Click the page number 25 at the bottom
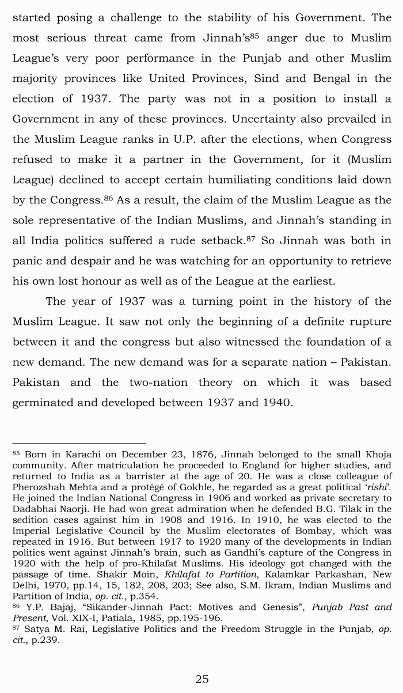tap(201, 679)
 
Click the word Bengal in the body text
tap(333, 78)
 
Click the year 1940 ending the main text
tap(275, 403)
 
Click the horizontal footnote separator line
tap(79, 443)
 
